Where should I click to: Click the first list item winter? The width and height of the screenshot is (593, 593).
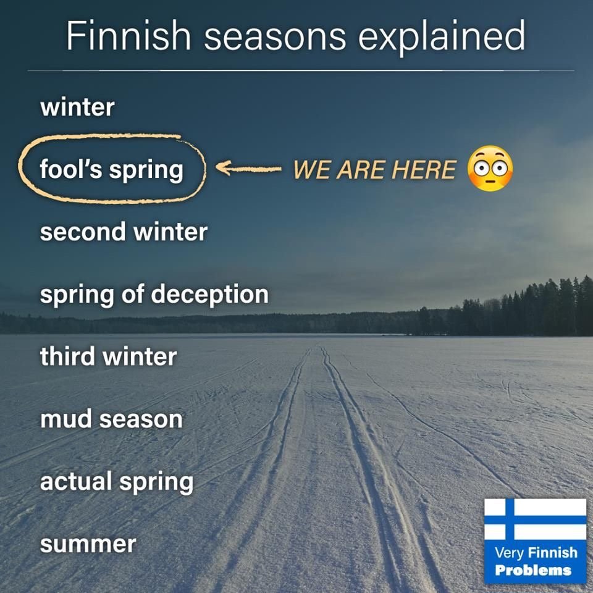click(x=77, y=107)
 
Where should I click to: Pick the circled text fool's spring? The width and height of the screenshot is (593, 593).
click(x=112, y=169)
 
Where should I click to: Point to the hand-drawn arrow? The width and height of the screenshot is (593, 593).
click(x=248, y=168)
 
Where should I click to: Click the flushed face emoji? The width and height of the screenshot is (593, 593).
click(x=490, y=168)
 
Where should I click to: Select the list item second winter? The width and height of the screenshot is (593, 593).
click(x=124, y=232)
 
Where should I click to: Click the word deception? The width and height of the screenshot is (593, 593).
click(x=210, y=294)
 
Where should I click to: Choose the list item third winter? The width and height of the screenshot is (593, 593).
click(x=109, y=356)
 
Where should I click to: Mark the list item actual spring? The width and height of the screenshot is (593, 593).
click(x=117, y=482)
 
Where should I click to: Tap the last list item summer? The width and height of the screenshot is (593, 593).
click(x=88, y=545)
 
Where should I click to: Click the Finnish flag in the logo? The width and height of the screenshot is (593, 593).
click(x=535, y=519)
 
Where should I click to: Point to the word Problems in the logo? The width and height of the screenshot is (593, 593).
click(x=533, y=570)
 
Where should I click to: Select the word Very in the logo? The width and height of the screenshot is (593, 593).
click(x=509, y=553)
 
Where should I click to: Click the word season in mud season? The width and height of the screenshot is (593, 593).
click(x=141, y=420)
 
